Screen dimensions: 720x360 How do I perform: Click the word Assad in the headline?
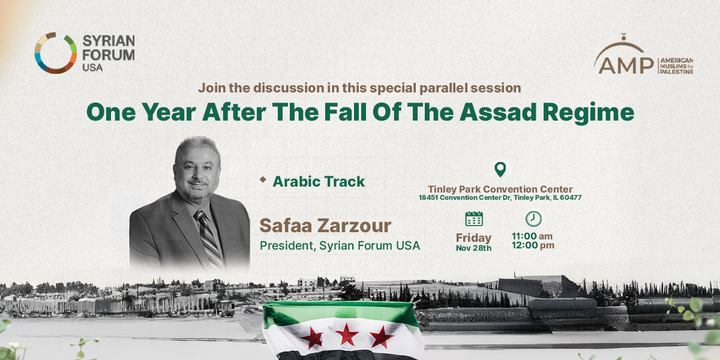pos(498,112)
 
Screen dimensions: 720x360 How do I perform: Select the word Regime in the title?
pos(589,113)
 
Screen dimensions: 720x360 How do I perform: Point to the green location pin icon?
pos(500,169)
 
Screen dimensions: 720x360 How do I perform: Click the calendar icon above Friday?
pos(474,219)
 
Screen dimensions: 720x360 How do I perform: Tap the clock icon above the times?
pos(533,219)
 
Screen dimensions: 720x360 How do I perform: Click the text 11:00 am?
pos(532,236)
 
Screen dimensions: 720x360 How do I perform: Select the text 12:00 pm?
pos(533,245)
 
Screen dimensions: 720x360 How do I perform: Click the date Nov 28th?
pos(474,248)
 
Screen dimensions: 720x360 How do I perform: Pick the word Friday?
pos(474,238)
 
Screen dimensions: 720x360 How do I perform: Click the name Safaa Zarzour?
pos(325,226)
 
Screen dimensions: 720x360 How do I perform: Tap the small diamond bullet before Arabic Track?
pos(263,179)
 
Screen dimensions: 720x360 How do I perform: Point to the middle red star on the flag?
pos(347,334)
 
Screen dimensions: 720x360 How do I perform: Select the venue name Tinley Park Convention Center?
pos(500,189)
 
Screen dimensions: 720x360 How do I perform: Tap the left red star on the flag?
pos(313,337)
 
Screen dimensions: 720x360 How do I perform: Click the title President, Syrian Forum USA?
pos(340,246)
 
